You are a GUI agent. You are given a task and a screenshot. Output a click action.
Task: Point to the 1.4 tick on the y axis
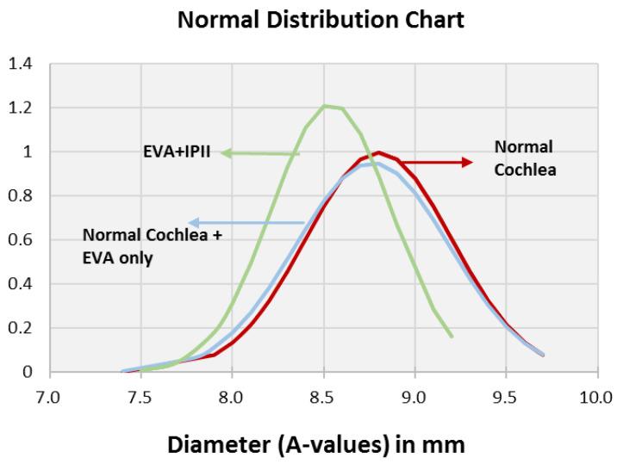click(22, 65)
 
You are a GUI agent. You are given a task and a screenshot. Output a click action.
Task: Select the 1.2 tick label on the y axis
click(22, 108)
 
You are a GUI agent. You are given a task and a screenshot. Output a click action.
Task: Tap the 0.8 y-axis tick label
click(22, 196)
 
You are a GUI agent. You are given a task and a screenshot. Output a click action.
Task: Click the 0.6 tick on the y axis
click(22, 240)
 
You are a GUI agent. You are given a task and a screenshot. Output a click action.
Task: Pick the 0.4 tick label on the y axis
click(22, 284)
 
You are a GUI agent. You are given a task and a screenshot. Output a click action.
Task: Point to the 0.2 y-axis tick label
click(22, 328)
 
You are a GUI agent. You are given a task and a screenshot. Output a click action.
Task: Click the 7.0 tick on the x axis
click(50, 396)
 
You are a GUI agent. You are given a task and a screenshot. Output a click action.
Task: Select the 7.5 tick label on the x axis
click(141, 396)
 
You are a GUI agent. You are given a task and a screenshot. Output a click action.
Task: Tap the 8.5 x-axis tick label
click(323, 396)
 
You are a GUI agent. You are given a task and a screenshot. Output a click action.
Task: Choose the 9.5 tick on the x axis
click(506, 396)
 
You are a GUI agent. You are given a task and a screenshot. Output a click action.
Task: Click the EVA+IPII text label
click(177, 152)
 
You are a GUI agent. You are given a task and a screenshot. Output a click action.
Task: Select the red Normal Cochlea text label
click(525, 158)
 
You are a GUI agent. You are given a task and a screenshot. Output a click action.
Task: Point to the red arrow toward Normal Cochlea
click(435, 162)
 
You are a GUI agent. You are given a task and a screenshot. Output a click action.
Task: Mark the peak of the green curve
click(324, 106)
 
